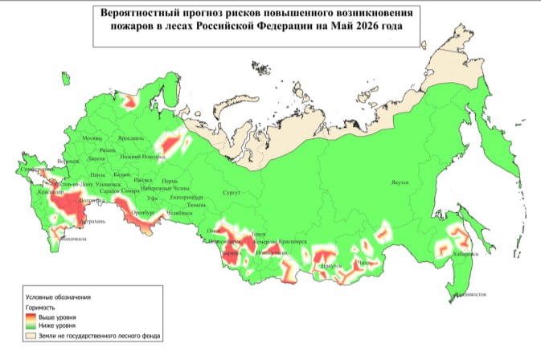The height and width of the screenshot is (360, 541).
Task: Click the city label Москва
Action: (93, 138)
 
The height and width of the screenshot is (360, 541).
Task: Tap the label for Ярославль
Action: (129, 138)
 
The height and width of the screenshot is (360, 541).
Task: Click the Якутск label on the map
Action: (400, 182)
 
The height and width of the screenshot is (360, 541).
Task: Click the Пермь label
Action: (170, 181)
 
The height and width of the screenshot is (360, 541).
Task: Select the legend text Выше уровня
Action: (55, 317)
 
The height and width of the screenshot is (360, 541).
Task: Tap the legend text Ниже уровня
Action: (55, 325)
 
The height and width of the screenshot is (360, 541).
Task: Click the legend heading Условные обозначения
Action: (57, 297)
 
